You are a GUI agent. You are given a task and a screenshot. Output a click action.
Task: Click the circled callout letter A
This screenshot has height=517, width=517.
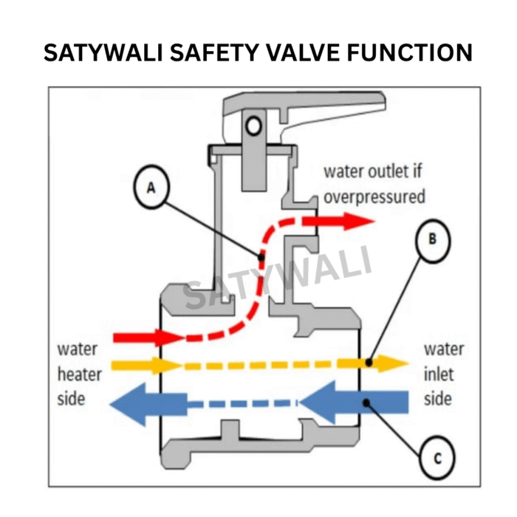coord(151,188)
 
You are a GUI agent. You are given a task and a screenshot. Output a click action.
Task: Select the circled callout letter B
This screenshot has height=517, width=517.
coord(433,239)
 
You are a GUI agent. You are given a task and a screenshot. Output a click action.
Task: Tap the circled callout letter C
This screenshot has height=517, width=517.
coord(437,459)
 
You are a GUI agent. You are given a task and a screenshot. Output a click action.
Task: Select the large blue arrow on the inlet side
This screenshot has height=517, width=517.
coord(355,403)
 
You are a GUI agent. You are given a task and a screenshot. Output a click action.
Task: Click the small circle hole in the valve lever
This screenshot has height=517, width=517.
coord(254,126)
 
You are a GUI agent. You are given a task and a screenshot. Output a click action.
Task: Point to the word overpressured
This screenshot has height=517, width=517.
coord(374,196)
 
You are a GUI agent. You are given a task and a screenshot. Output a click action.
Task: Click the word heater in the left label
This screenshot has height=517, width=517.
coord(75,374)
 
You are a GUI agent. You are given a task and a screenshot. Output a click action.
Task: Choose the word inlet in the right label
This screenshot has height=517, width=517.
coord(438,374)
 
